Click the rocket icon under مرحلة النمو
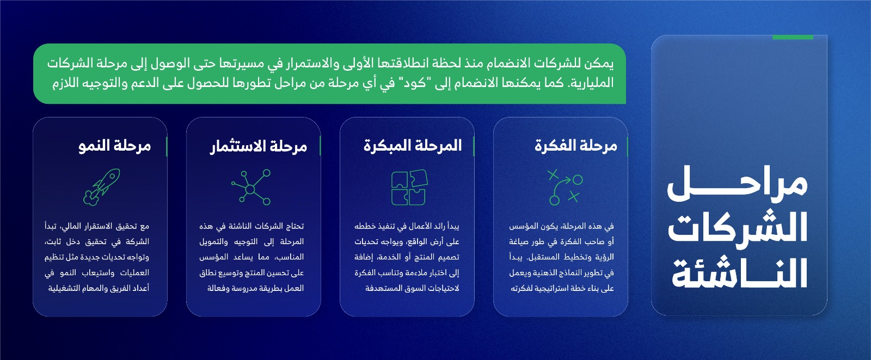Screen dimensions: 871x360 click(x=101, y=187)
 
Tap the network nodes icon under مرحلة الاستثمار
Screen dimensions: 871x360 click(x=251, y=187)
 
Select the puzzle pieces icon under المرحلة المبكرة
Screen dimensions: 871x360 click(x=409, y=187)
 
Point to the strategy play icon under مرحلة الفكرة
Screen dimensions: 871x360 click(x=565, y=187)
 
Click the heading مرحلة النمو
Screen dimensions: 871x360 click(x=114, y=146)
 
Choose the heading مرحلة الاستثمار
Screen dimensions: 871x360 click(x=259, y=146)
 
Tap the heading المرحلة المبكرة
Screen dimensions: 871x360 click(x=413, y=146)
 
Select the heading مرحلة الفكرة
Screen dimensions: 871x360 click(x=576, y=146)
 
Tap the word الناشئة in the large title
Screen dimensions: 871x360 click(x=740, y=274)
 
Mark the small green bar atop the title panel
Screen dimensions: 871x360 click(x=793, y=38)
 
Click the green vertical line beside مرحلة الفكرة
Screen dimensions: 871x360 click(x=628, y=146)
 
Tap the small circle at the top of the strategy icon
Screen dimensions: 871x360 click(x=578, y=180)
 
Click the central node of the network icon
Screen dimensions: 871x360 click(x=250, y=189)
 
